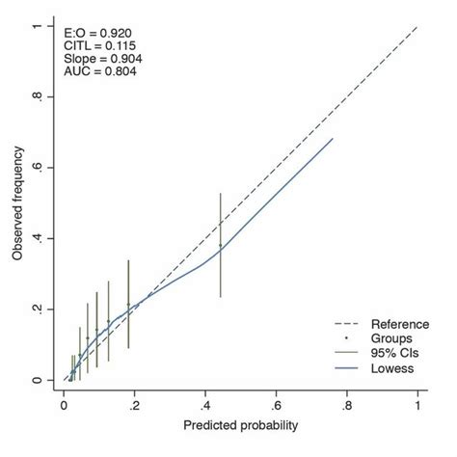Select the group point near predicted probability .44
[x=220, y=246]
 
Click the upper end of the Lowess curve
[x=333, y=139]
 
